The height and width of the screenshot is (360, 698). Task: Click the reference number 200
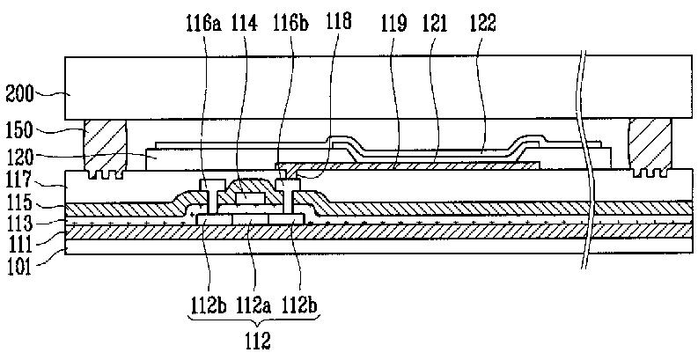click(18, 91)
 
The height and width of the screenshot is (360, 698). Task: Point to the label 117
click(18, 186)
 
